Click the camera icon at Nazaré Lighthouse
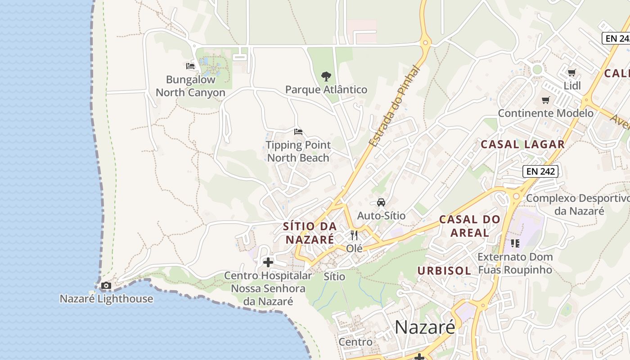tap(106, 285)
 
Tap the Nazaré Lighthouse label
tap(106, 299)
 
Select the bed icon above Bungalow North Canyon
tap(190, 66)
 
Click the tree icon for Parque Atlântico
tap(326, 76)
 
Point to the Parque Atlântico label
tap(326, 90)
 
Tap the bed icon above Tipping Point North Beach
tap(298, 132)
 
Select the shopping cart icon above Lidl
tap(571, 72)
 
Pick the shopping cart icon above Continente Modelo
tap(545, 100)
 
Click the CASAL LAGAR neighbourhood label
tap(522, 144)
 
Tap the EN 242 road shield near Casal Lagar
tap(540, 171)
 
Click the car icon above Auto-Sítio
tap(381, 202)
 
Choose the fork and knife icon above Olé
tap(354, 235)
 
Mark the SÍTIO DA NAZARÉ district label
tap(310, 233)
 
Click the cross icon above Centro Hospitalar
tap(268, 262)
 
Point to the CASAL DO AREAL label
tap(469, 226)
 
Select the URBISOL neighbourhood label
tap(444, 271)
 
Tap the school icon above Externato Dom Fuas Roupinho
tap(515, 243)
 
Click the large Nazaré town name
tap(425, 327)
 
